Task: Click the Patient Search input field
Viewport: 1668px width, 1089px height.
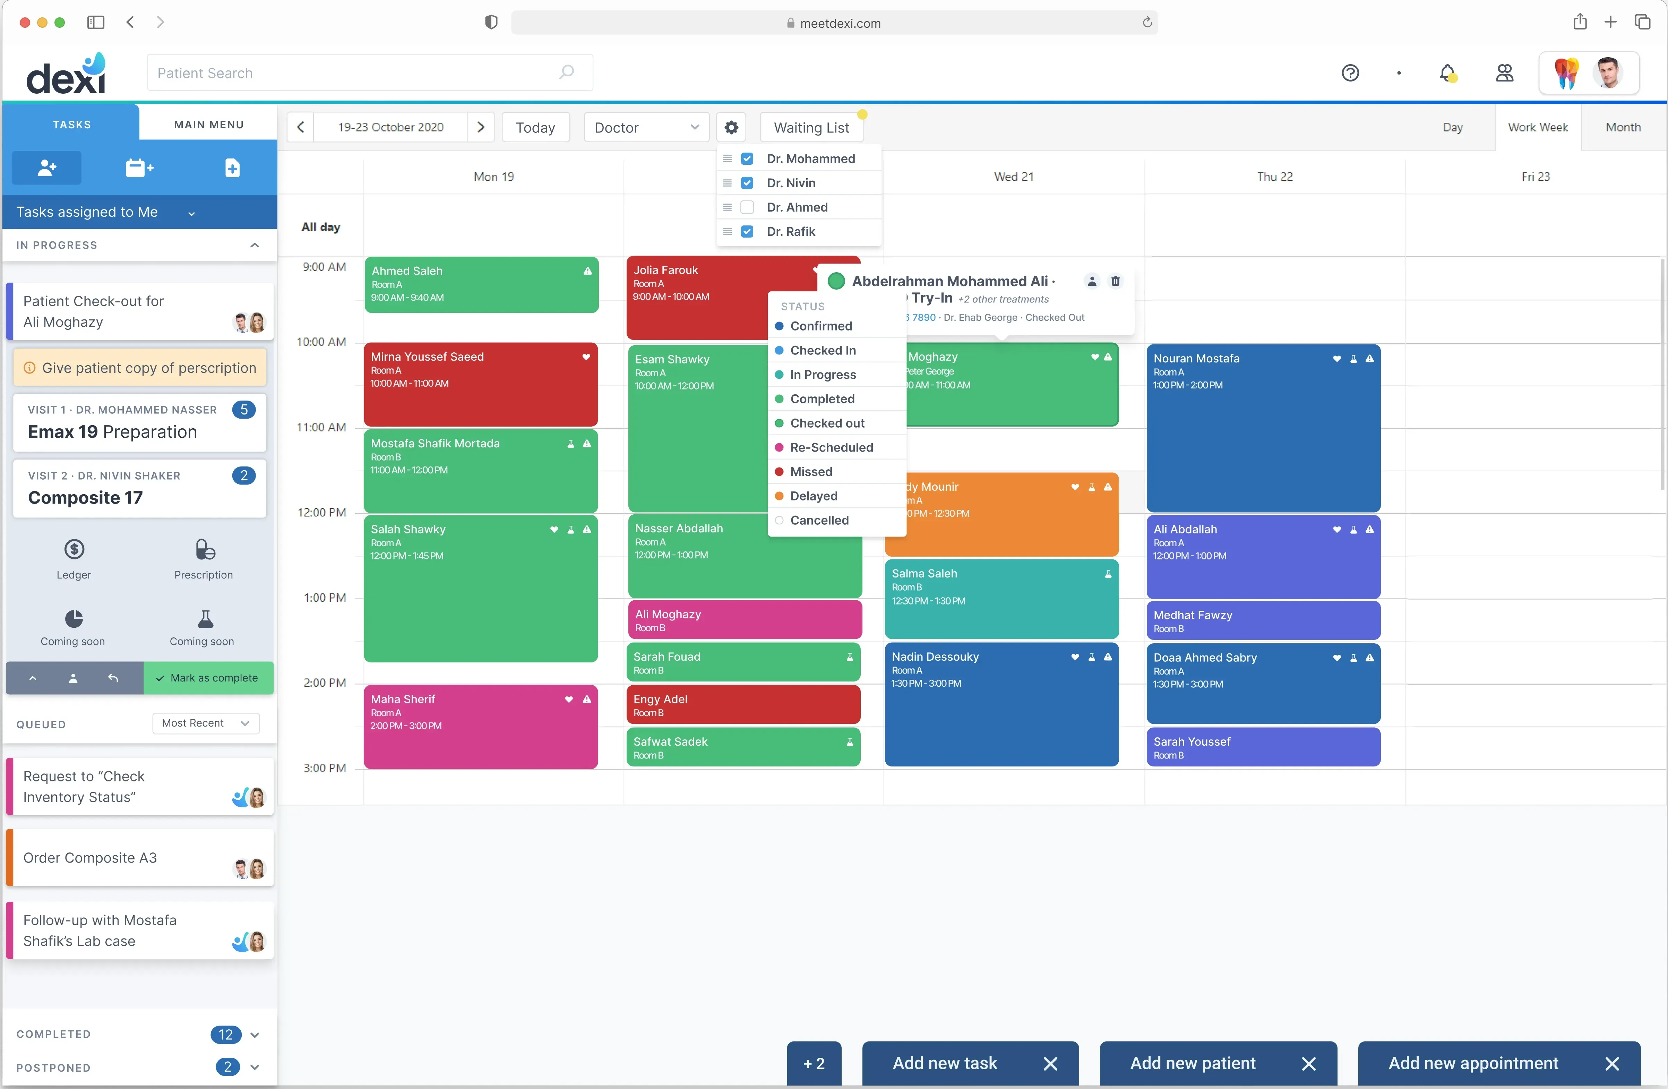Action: point(358,73)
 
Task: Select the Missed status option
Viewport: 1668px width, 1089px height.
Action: point(811,472)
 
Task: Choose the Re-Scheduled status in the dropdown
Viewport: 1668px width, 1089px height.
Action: point(831,447)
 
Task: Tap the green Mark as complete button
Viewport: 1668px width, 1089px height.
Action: point(208,678)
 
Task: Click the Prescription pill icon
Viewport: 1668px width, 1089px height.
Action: point(204,549)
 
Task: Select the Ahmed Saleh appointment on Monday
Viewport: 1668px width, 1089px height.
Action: point(481,284)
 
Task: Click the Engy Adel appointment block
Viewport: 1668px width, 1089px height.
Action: point(743,704)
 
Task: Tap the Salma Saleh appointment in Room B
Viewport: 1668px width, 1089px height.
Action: point(1001,598)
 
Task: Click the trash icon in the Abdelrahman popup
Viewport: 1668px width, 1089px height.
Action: point(1115,281)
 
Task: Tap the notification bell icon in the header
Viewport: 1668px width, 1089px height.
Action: point(1446,73)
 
